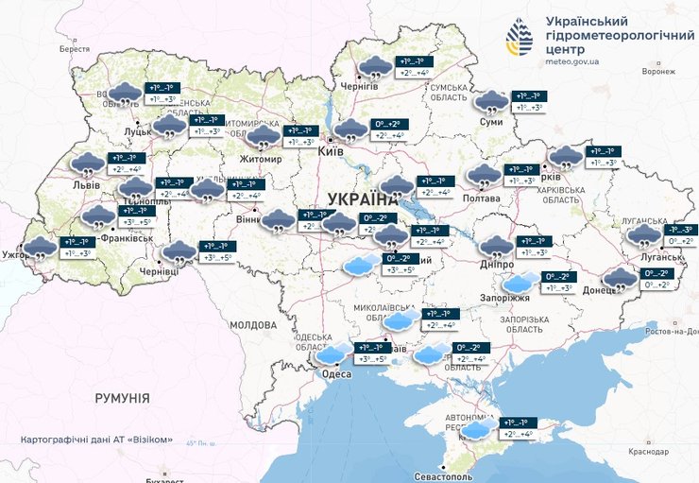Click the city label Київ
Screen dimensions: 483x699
[329, 150]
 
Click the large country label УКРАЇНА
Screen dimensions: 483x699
[363, 199]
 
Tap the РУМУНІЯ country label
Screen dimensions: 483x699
[122, 399]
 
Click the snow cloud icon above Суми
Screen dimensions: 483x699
[490, 101]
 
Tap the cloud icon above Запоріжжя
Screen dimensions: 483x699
[518, 282]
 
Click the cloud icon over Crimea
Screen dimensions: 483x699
[478, 429]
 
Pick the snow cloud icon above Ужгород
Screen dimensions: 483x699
[40, 249]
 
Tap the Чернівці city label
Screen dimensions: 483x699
[159, 271]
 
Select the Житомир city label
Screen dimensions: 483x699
[261, 159]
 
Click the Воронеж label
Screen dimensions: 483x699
[657, 71]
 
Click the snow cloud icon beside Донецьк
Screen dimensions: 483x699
[620, 279]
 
